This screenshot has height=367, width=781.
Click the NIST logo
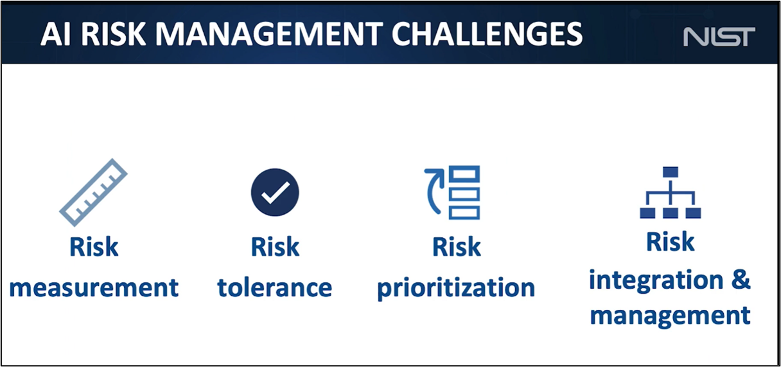pos(719,37)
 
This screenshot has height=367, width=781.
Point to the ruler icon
pos(94,192)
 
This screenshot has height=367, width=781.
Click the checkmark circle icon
pos(275,192)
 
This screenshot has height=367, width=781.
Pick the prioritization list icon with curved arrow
pos(452,192)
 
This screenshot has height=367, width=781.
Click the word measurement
pos(94,287)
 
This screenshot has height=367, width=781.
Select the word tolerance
pos(275,287)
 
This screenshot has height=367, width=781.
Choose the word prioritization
pos(456,287)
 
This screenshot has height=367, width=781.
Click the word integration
pos(647,280)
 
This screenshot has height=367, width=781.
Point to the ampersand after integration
pos(740,280)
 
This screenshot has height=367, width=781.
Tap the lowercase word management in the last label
pos(670,316)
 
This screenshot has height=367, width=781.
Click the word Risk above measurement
pos(94,247)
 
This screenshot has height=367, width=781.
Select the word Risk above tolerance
pos(275,247)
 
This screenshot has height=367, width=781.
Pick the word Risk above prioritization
pos(456,247)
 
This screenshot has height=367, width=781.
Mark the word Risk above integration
pos(670,242)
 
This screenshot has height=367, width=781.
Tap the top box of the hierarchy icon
pos(671,172)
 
